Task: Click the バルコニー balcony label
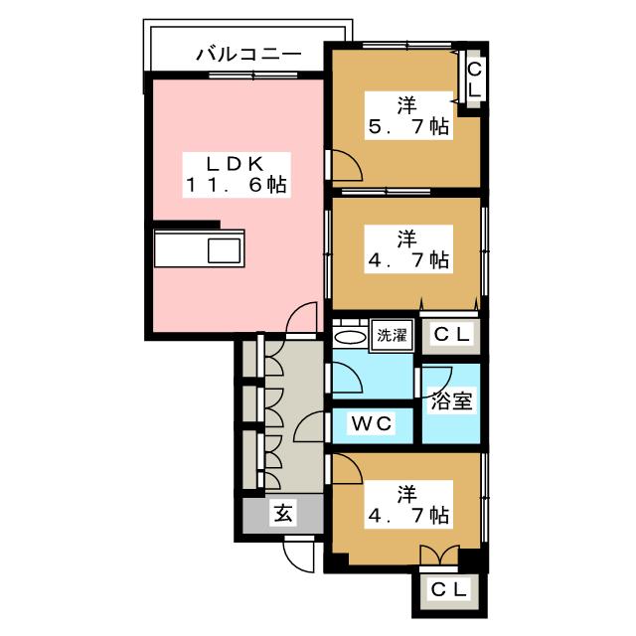click(x=249, y=54)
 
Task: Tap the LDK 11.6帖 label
click(x=237, y=175)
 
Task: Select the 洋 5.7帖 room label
click(x=408, y=116)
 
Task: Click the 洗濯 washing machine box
click(x=392, y=336)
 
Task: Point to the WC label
click(x=372, y=424)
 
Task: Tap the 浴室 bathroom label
click(x=451, y=400)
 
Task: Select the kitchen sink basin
click(x=225, y=250)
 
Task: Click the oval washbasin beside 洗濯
click(x=350, y=338)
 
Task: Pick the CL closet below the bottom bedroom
click(x=448, y=590)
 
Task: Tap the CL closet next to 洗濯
click(x=451, y=335)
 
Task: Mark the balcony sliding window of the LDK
click(x=253, y=76)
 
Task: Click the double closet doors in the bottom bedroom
click(x=439, y=555)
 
